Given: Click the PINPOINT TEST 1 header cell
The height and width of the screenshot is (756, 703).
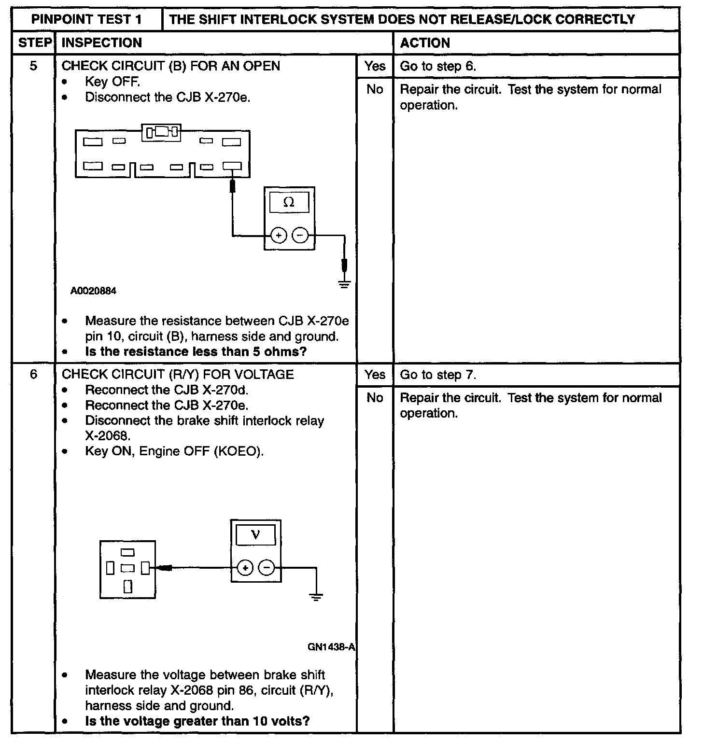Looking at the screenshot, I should click(87, 20).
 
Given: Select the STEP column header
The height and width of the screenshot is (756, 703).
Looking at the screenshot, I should click(35, 43).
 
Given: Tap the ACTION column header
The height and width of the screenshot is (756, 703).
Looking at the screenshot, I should click(425, 43).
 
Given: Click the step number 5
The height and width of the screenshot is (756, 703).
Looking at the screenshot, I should click(33, 66).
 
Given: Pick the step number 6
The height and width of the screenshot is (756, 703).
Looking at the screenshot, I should click(33, 374).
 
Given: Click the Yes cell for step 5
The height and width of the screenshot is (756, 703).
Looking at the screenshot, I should click(375, 66).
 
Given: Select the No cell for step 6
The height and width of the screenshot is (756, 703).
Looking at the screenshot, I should click(375, 398).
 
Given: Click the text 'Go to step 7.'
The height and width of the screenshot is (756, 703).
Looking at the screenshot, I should click(438, 375).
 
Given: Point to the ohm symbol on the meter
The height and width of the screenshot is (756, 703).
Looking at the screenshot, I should click(289, 202).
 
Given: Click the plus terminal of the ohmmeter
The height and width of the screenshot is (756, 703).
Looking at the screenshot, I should click(279, 236).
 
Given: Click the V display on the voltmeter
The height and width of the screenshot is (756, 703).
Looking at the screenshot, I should click(255, 534).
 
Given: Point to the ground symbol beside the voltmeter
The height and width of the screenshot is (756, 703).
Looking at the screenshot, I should click(316, 597).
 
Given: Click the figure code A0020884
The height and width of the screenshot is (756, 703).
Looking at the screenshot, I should click(93, 291).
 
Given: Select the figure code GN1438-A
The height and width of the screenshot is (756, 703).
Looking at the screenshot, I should click(331, 647).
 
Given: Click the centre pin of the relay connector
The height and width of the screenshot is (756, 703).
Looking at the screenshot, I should click(127, 568).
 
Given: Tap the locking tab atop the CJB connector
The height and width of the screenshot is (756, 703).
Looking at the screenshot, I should click(161, 131).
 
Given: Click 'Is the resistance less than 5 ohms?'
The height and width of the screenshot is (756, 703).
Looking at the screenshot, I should click(196, 351).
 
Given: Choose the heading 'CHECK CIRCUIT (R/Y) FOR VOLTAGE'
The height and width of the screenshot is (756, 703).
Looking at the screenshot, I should click(178, 374).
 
